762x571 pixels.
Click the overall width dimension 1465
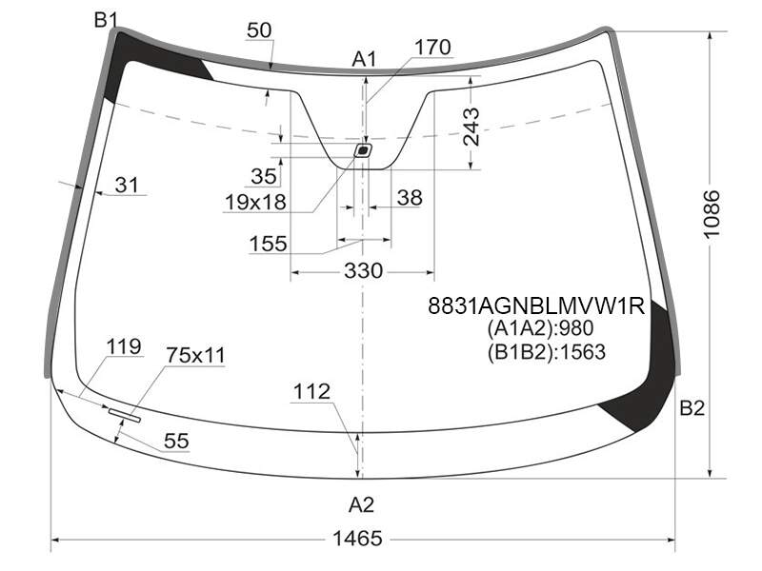click(x=357, y=539)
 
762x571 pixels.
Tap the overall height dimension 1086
click(x=712, y=214)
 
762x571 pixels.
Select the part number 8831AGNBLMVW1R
click(x=536, y=305)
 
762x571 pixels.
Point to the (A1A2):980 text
click(x=540, y=328)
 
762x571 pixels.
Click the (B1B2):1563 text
click(x=546, y=352)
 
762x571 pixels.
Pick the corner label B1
click(x=106, y=20)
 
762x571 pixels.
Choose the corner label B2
click(x=692, y=408)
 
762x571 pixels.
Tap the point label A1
click(x=364, y=60)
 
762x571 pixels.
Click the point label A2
click(x=362, y=505)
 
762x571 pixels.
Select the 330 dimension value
click(x=364, y=270)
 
